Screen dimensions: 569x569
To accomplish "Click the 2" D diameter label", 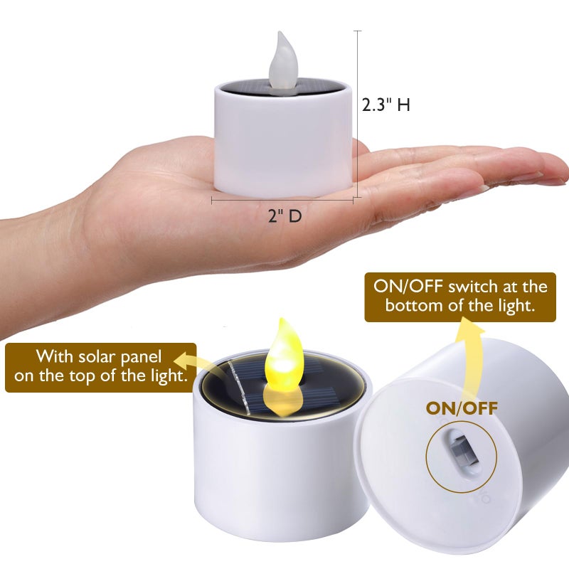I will pos(285,216).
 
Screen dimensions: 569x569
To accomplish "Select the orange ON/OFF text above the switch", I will pos(462,408).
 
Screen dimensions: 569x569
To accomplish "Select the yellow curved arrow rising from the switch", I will pos(470,356).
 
